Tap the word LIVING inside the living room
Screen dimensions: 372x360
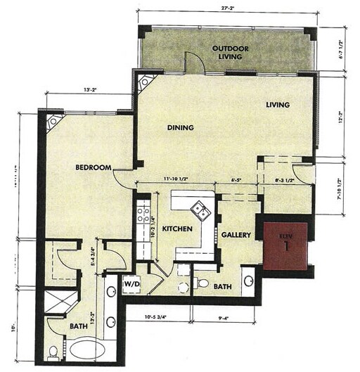278,105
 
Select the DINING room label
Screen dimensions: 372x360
180,127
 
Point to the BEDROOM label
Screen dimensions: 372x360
95,167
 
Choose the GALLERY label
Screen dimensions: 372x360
237,235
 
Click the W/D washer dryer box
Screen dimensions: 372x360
132,283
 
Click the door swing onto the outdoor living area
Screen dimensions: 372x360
195,63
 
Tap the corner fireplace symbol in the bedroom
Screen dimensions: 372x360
53,122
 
